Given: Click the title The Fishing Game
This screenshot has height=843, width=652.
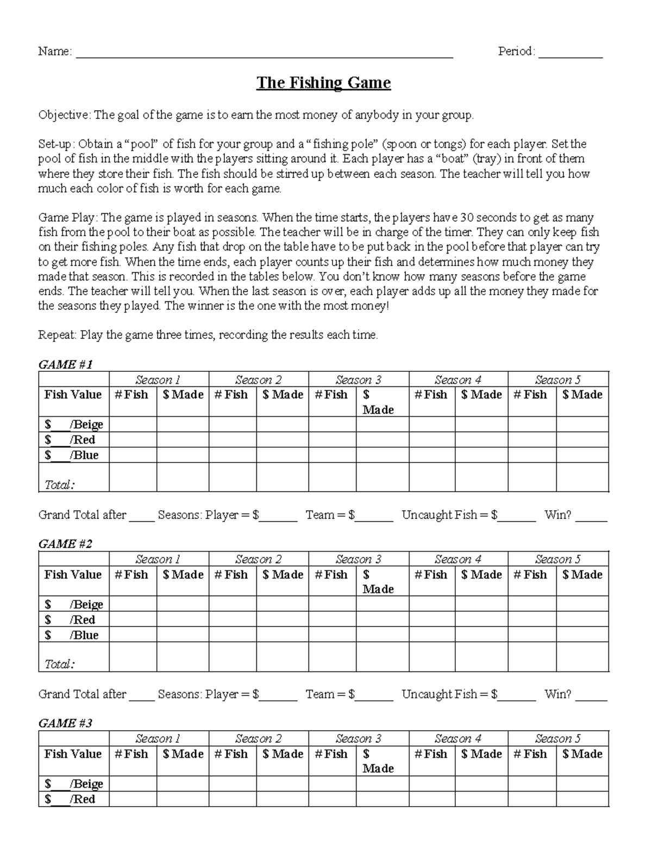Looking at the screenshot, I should tap(323, 83).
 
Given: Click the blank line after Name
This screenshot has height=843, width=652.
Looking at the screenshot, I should tap(264, 53).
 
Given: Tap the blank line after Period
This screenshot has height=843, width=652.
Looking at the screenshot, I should tap(570, 53).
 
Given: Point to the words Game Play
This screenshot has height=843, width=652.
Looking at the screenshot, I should tap(67, 218).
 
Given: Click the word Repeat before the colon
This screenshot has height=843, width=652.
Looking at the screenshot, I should tap(57, 335).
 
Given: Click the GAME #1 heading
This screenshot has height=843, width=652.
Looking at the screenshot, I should tap(65, 364).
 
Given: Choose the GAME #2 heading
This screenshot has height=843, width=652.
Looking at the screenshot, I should tap(65, 543).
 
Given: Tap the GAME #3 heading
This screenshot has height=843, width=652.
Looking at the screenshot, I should tap(65, 723).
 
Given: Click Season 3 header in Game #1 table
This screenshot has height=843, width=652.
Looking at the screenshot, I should tap(359, 380).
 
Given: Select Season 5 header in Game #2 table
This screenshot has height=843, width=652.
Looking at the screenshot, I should tap(558, 559).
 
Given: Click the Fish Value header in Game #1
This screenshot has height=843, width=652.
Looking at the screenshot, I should tap(73, 395).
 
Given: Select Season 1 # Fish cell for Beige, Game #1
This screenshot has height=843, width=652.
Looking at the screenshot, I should tap(133, 424).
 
